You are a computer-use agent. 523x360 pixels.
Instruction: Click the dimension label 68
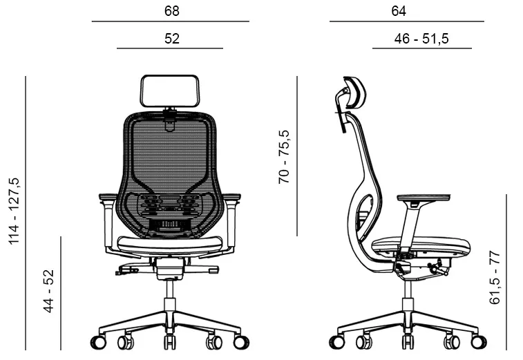click(x=172, y=11)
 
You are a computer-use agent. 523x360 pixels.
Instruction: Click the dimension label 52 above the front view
click(x=172, y=39)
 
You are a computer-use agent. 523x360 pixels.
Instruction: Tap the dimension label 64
click(x=399, y=11)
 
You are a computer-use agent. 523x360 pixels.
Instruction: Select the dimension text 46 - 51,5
click(x=421, y=39)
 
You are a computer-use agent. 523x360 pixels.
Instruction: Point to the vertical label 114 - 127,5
click(x=15, y=211)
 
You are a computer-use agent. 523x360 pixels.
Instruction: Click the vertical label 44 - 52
click(x=48, y=292)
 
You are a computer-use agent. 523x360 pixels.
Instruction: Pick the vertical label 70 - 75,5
click(x=284, y=157)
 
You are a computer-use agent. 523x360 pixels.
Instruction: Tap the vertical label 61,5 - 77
click(x=495, y=278)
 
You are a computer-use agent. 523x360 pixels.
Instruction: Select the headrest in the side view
click(x=355, y=92)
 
